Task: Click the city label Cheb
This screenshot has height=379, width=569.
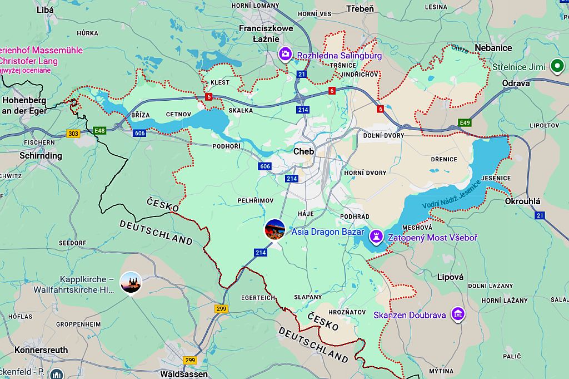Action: [303, 151]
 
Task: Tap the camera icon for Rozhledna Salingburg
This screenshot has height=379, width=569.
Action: [284, 54]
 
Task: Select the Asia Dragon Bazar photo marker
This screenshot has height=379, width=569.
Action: [274, 229]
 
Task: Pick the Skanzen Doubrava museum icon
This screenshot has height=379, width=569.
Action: [458, 314]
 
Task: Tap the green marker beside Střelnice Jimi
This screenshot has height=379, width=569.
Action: [556, 67]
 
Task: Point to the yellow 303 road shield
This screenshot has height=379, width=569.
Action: [73, 134]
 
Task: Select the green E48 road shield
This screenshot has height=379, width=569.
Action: [99, 131]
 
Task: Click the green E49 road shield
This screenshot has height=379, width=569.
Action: [465, 122]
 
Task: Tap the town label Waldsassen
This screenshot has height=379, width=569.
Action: [183, 374]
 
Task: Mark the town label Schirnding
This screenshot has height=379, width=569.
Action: [41, 155]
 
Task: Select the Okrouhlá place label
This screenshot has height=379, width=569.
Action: [522, 201]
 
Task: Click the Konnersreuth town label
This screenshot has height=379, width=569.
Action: [41, 350]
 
